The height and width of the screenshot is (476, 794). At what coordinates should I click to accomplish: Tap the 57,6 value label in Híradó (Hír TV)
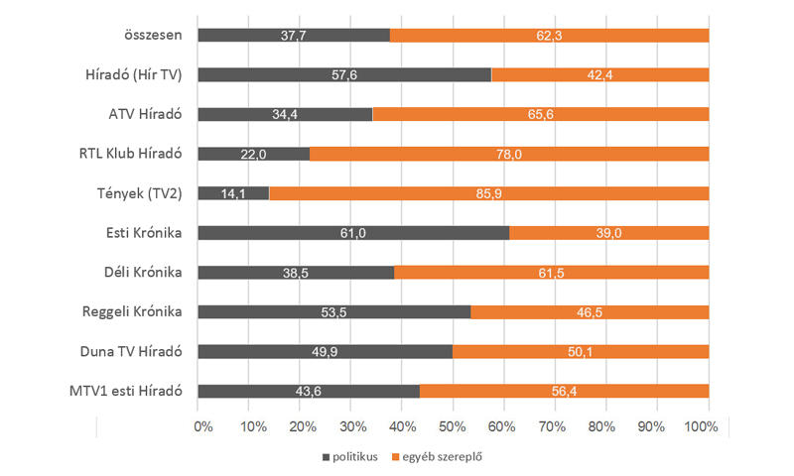344,74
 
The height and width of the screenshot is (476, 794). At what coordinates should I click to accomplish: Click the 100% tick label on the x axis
703,425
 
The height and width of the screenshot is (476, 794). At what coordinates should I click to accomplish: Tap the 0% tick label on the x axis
202,425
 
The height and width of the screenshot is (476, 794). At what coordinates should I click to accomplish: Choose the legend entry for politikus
354,457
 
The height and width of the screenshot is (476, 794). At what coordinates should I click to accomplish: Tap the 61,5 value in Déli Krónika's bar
551,272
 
